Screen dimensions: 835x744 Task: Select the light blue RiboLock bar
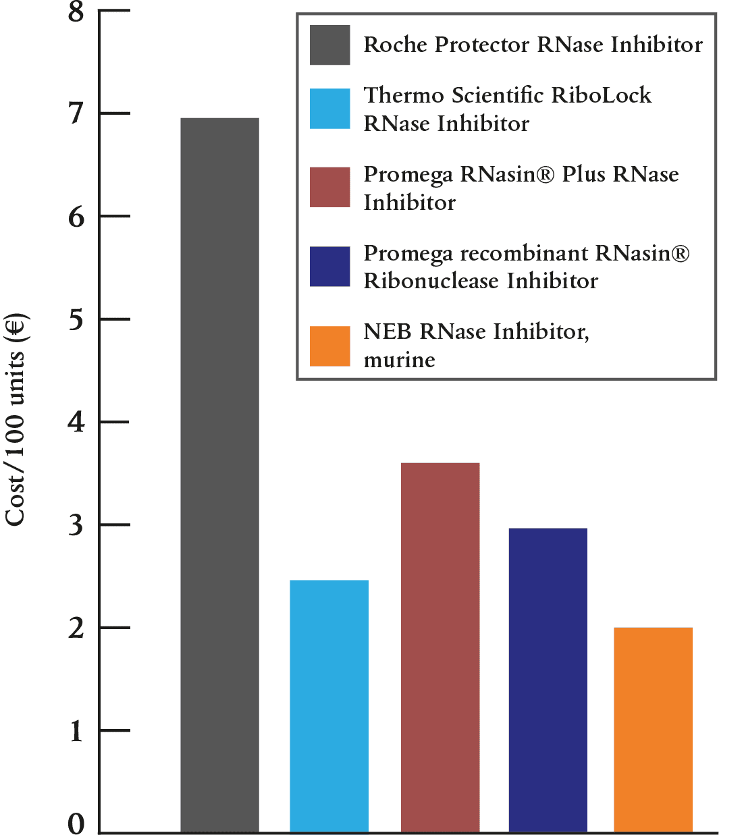tap(329, 705)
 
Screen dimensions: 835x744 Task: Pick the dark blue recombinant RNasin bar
tap(548, 679)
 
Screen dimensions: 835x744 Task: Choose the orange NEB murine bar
tap(653, 729)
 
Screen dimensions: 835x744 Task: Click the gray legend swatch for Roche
tap(330, 45)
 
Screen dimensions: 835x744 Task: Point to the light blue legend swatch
tap(330, 109)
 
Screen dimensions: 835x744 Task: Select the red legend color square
tap(330, 188)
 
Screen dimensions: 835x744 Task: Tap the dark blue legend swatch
tap(330, 267)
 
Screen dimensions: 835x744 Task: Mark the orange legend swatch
tap(330, 346)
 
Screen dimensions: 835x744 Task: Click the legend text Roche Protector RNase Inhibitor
tap(533, 45)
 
